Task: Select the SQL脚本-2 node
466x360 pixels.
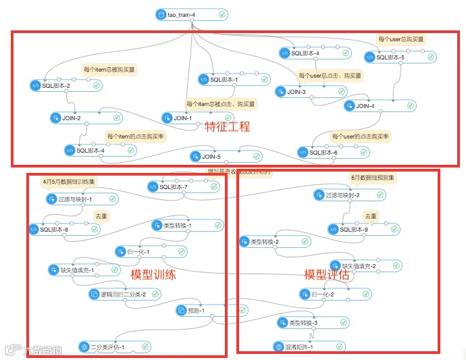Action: [65, 86]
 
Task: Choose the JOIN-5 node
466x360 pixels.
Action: [216, 157]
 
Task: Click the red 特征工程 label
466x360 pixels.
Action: [228, 126]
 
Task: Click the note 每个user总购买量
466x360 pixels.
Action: [401, 39]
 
